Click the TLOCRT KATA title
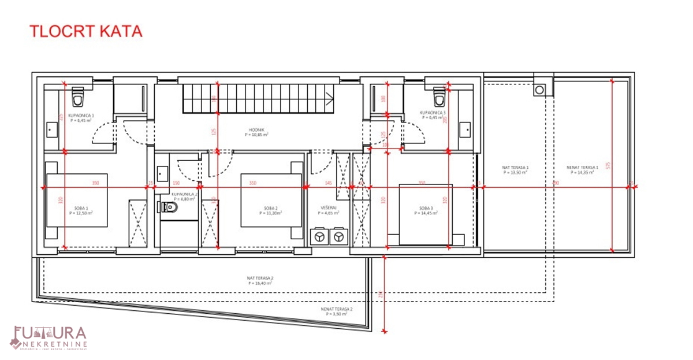[85, 31]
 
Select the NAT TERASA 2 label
[260, 280]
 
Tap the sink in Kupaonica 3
[465, 129]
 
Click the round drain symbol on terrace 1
[540, 90]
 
